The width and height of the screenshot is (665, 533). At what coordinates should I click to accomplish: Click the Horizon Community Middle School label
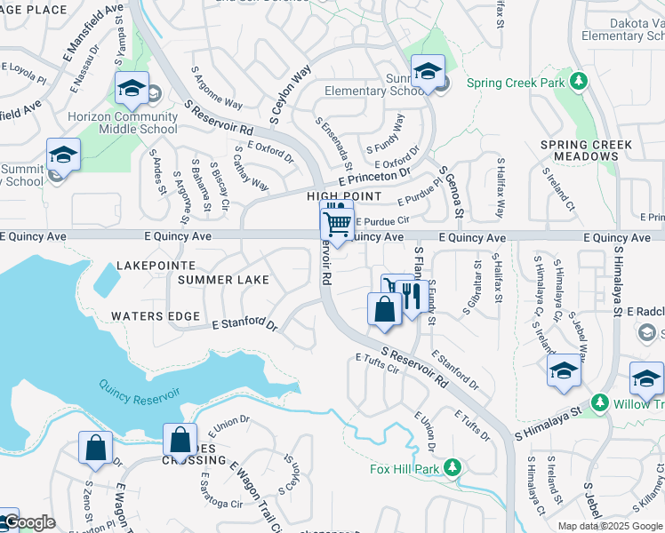tap(135, 123)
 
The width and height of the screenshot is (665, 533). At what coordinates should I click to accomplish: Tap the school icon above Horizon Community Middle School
tap(132, 88)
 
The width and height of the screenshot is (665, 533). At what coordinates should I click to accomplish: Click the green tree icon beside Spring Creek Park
tap(579, 83)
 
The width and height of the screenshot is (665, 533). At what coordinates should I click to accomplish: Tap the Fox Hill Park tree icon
tap(453, 466)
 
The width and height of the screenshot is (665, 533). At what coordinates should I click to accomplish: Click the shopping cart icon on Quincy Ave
tap(337, 223)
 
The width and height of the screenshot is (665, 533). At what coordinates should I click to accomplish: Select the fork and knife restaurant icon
tap(410, 296)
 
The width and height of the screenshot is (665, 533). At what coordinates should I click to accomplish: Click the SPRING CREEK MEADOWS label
tap(587, 150)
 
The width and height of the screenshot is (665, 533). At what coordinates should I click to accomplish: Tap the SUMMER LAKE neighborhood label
tap(222, 280)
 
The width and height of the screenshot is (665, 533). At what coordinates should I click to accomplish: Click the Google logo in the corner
tap(30, 522)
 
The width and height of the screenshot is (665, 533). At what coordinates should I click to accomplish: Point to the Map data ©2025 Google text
tap(609, 526)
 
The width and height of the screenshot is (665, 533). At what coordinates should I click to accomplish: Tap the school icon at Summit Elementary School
tap(427, 70)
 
